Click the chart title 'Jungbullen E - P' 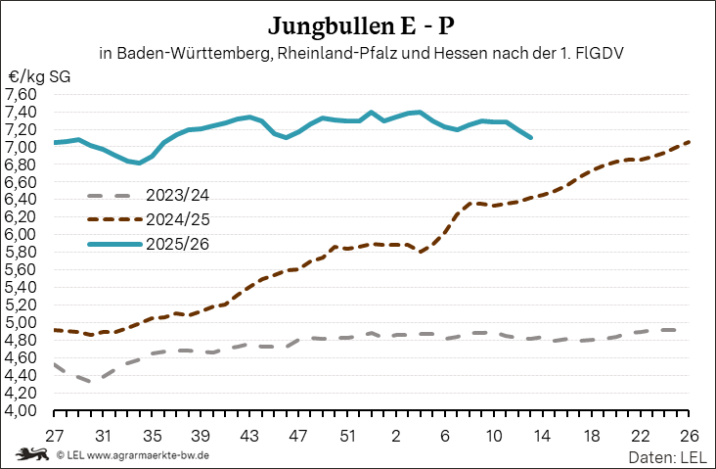361,23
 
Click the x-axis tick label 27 54,435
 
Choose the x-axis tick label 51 347,435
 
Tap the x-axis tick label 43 249,435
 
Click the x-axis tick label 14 543,435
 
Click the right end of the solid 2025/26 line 530,138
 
